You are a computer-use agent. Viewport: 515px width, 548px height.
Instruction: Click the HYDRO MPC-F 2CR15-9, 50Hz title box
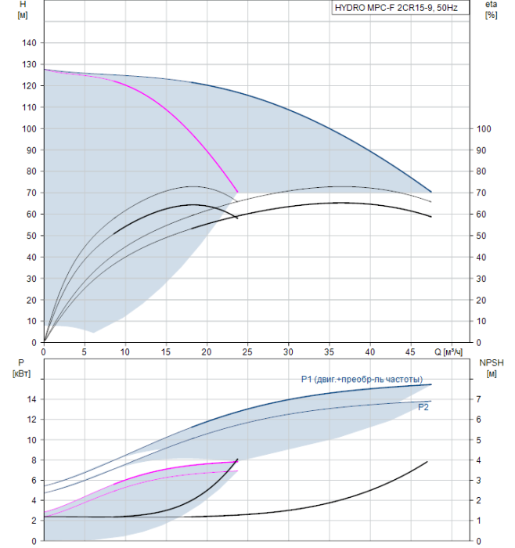[401, 8]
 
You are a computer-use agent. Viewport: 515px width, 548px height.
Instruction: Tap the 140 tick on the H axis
[29, 43]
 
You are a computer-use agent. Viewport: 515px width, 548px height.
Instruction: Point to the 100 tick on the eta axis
[484, 129]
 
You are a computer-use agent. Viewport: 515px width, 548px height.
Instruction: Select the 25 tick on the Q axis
[247, 352]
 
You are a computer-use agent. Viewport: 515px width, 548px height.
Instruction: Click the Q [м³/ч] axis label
[448, 352]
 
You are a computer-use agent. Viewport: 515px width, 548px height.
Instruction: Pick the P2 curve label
[423, 408]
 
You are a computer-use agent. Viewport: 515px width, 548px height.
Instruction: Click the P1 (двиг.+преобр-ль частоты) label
[362, 379]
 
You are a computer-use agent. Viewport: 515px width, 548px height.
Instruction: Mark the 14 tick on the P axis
[32, 399]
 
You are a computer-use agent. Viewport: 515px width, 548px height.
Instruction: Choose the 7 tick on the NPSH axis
[479, 399]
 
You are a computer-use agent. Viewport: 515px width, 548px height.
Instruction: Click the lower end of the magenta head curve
[238, 192]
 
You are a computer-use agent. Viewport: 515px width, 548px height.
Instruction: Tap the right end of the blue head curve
[431, 192]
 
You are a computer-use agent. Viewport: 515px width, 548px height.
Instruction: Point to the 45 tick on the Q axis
[411, 352]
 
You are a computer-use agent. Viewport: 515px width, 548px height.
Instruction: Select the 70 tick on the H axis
[31, 193]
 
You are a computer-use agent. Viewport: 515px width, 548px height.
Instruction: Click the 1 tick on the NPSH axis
[479, 521]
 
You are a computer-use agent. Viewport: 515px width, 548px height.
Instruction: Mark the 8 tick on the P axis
[34, 460]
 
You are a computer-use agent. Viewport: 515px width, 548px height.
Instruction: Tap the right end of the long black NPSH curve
[427, 462]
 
